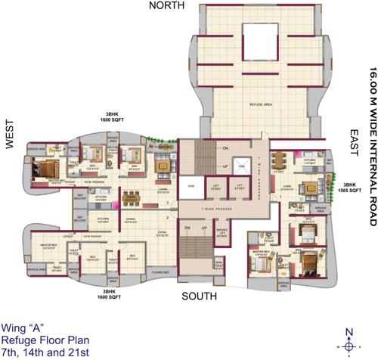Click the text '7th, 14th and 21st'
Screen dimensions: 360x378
tap(45, 352)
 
